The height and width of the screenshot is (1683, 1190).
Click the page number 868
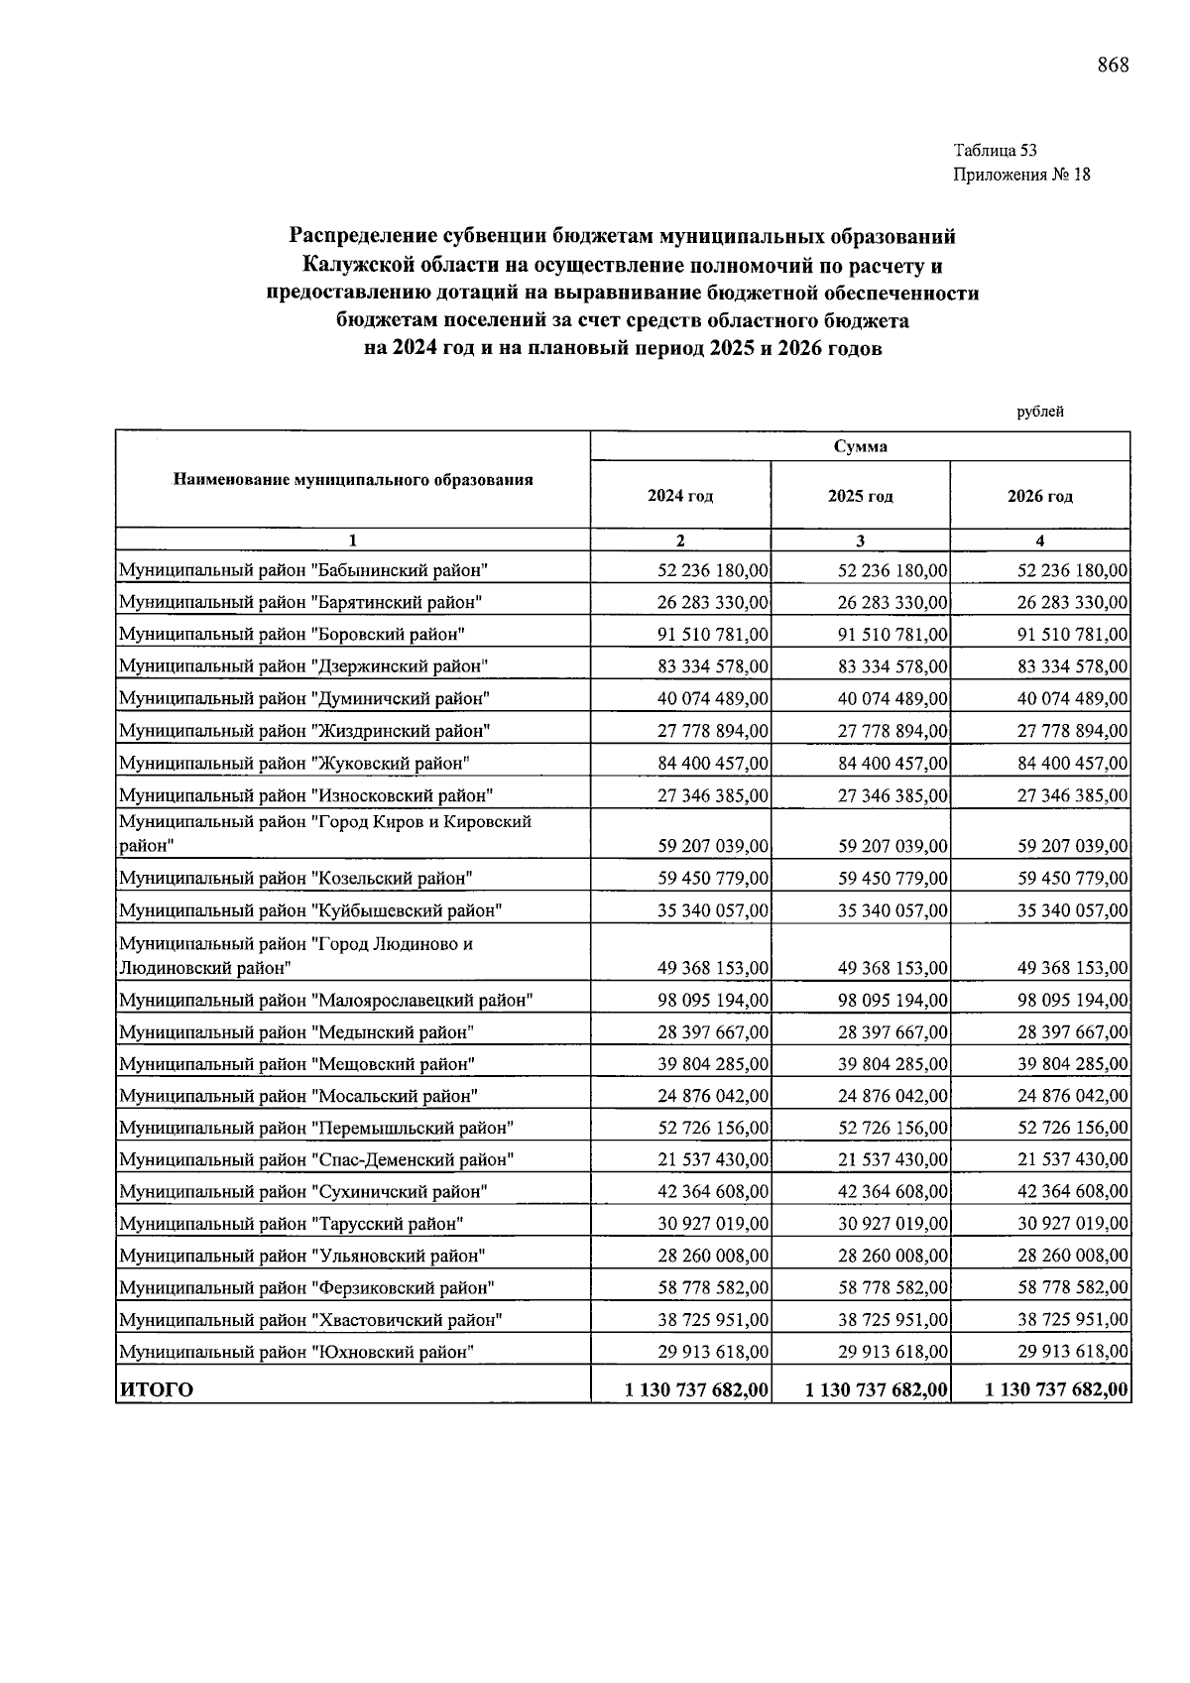1113,66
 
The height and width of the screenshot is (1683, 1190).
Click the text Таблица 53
995,151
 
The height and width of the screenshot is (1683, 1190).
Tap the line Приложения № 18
1021,176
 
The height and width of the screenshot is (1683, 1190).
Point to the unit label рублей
1040,413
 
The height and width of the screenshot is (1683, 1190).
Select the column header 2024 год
680,496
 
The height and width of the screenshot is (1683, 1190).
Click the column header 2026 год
1040,496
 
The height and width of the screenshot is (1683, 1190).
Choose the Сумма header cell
860,446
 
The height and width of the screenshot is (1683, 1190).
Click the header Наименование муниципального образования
353,480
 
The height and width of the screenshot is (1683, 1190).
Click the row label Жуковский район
294,764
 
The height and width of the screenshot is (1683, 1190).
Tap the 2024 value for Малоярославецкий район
712,1001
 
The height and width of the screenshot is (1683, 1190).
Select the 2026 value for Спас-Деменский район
1072,1160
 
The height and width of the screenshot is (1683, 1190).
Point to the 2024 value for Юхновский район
712,1352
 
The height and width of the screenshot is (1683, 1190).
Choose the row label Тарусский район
292,1224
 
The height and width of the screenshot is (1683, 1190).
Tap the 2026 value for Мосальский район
1072,1097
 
